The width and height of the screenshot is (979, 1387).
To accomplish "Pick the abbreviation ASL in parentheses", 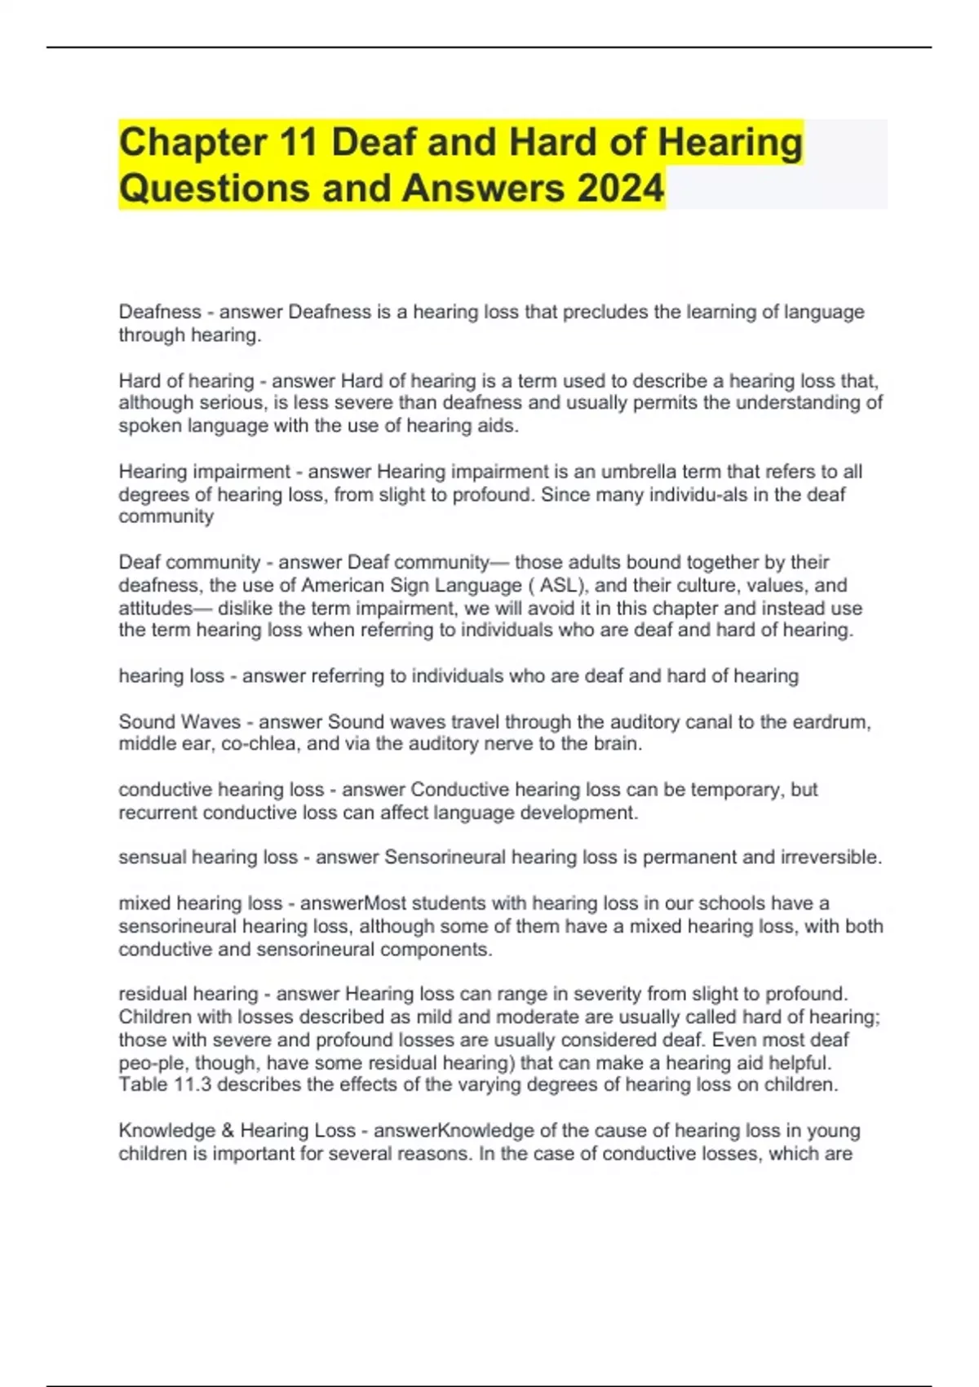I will point(558,585).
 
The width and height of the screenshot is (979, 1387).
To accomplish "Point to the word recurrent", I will point(157,813).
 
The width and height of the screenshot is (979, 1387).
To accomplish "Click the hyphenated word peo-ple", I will point(151,1063).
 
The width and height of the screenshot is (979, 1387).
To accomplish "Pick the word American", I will point(342,585).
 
